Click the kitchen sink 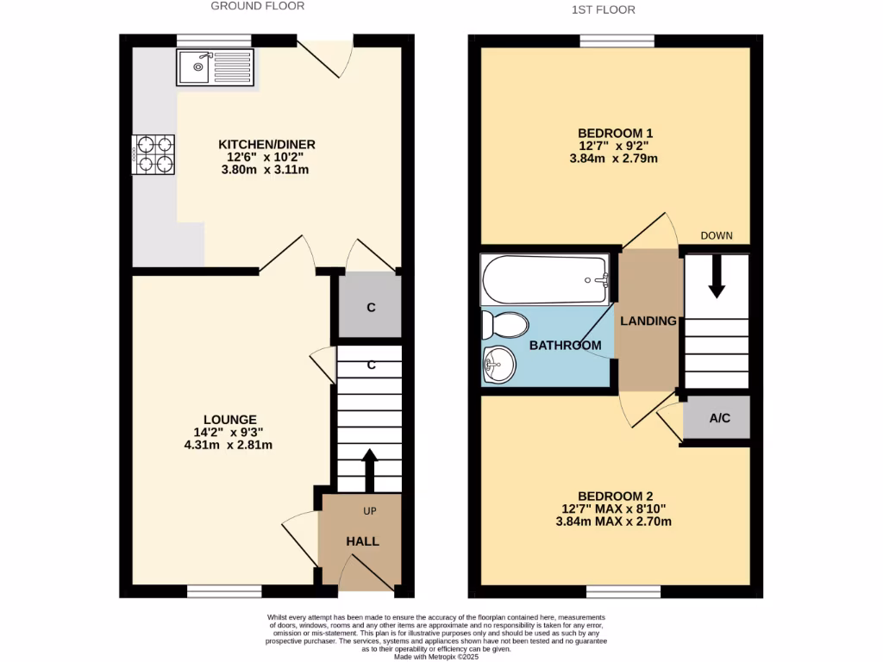pyautogui.click(x=216, y=68)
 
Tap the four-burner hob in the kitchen pyautogui.click(x=153, y=154)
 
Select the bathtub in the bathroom pyautogui.click(x=547, y=279)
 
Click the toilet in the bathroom pyautogui.click(x=506, y=326)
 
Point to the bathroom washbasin pyautogui.click(x=498, y=364)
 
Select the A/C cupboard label pyautogui.click(x=719, y=418)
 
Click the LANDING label pyautogui.click(x=648, y=321)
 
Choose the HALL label pyautogui.click(x=362, y=541)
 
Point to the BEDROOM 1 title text pyautogui.click(x=615, y=133)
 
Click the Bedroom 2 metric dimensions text pyautogui.click(x=615, y=521)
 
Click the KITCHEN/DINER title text pyautogui.click(x=266, y=144)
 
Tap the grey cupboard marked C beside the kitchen pyautogui.click(x=370, y=307)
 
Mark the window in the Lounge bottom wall pyautogui.click(x=224, y=591)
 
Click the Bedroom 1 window pyautogui.click(x=617, y=40)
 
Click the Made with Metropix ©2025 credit pyautogui.click(x=435, y=656)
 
